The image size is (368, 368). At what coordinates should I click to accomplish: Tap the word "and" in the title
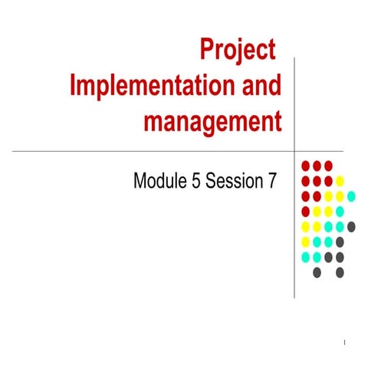tap(261, 86)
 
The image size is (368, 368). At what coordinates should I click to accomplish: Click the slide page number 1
tap(347, 341)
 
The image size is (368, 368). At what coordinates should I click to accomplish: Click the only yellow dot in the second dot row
tap(340, 181)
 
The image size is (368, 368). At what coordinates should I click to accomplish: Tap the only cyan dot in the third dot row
tap(351, 195)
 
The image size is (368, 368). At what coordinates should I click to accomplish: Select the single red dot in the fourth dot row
tap(305, 211)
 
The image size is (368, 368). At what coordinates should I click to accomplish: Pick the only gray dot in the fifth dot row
tap(351, 226)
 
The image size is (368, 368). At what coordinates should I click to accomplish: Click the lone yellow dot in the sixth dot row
tap(305, 242)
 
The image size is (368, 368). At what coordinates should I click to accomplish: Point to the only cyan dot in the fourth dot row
tap(340, 211)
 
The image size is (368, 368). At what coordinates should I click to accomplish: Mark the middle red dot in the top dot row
tap(317, 166)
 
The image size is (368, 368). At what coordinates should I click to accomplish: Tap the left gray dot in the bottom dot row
tap(317, 271)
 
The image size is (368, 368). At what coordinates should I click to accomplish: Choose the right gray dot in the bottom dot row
tap(340, 271)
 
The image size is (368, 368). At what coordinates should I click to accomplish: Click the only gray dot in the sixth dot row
tap(340, 242)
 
